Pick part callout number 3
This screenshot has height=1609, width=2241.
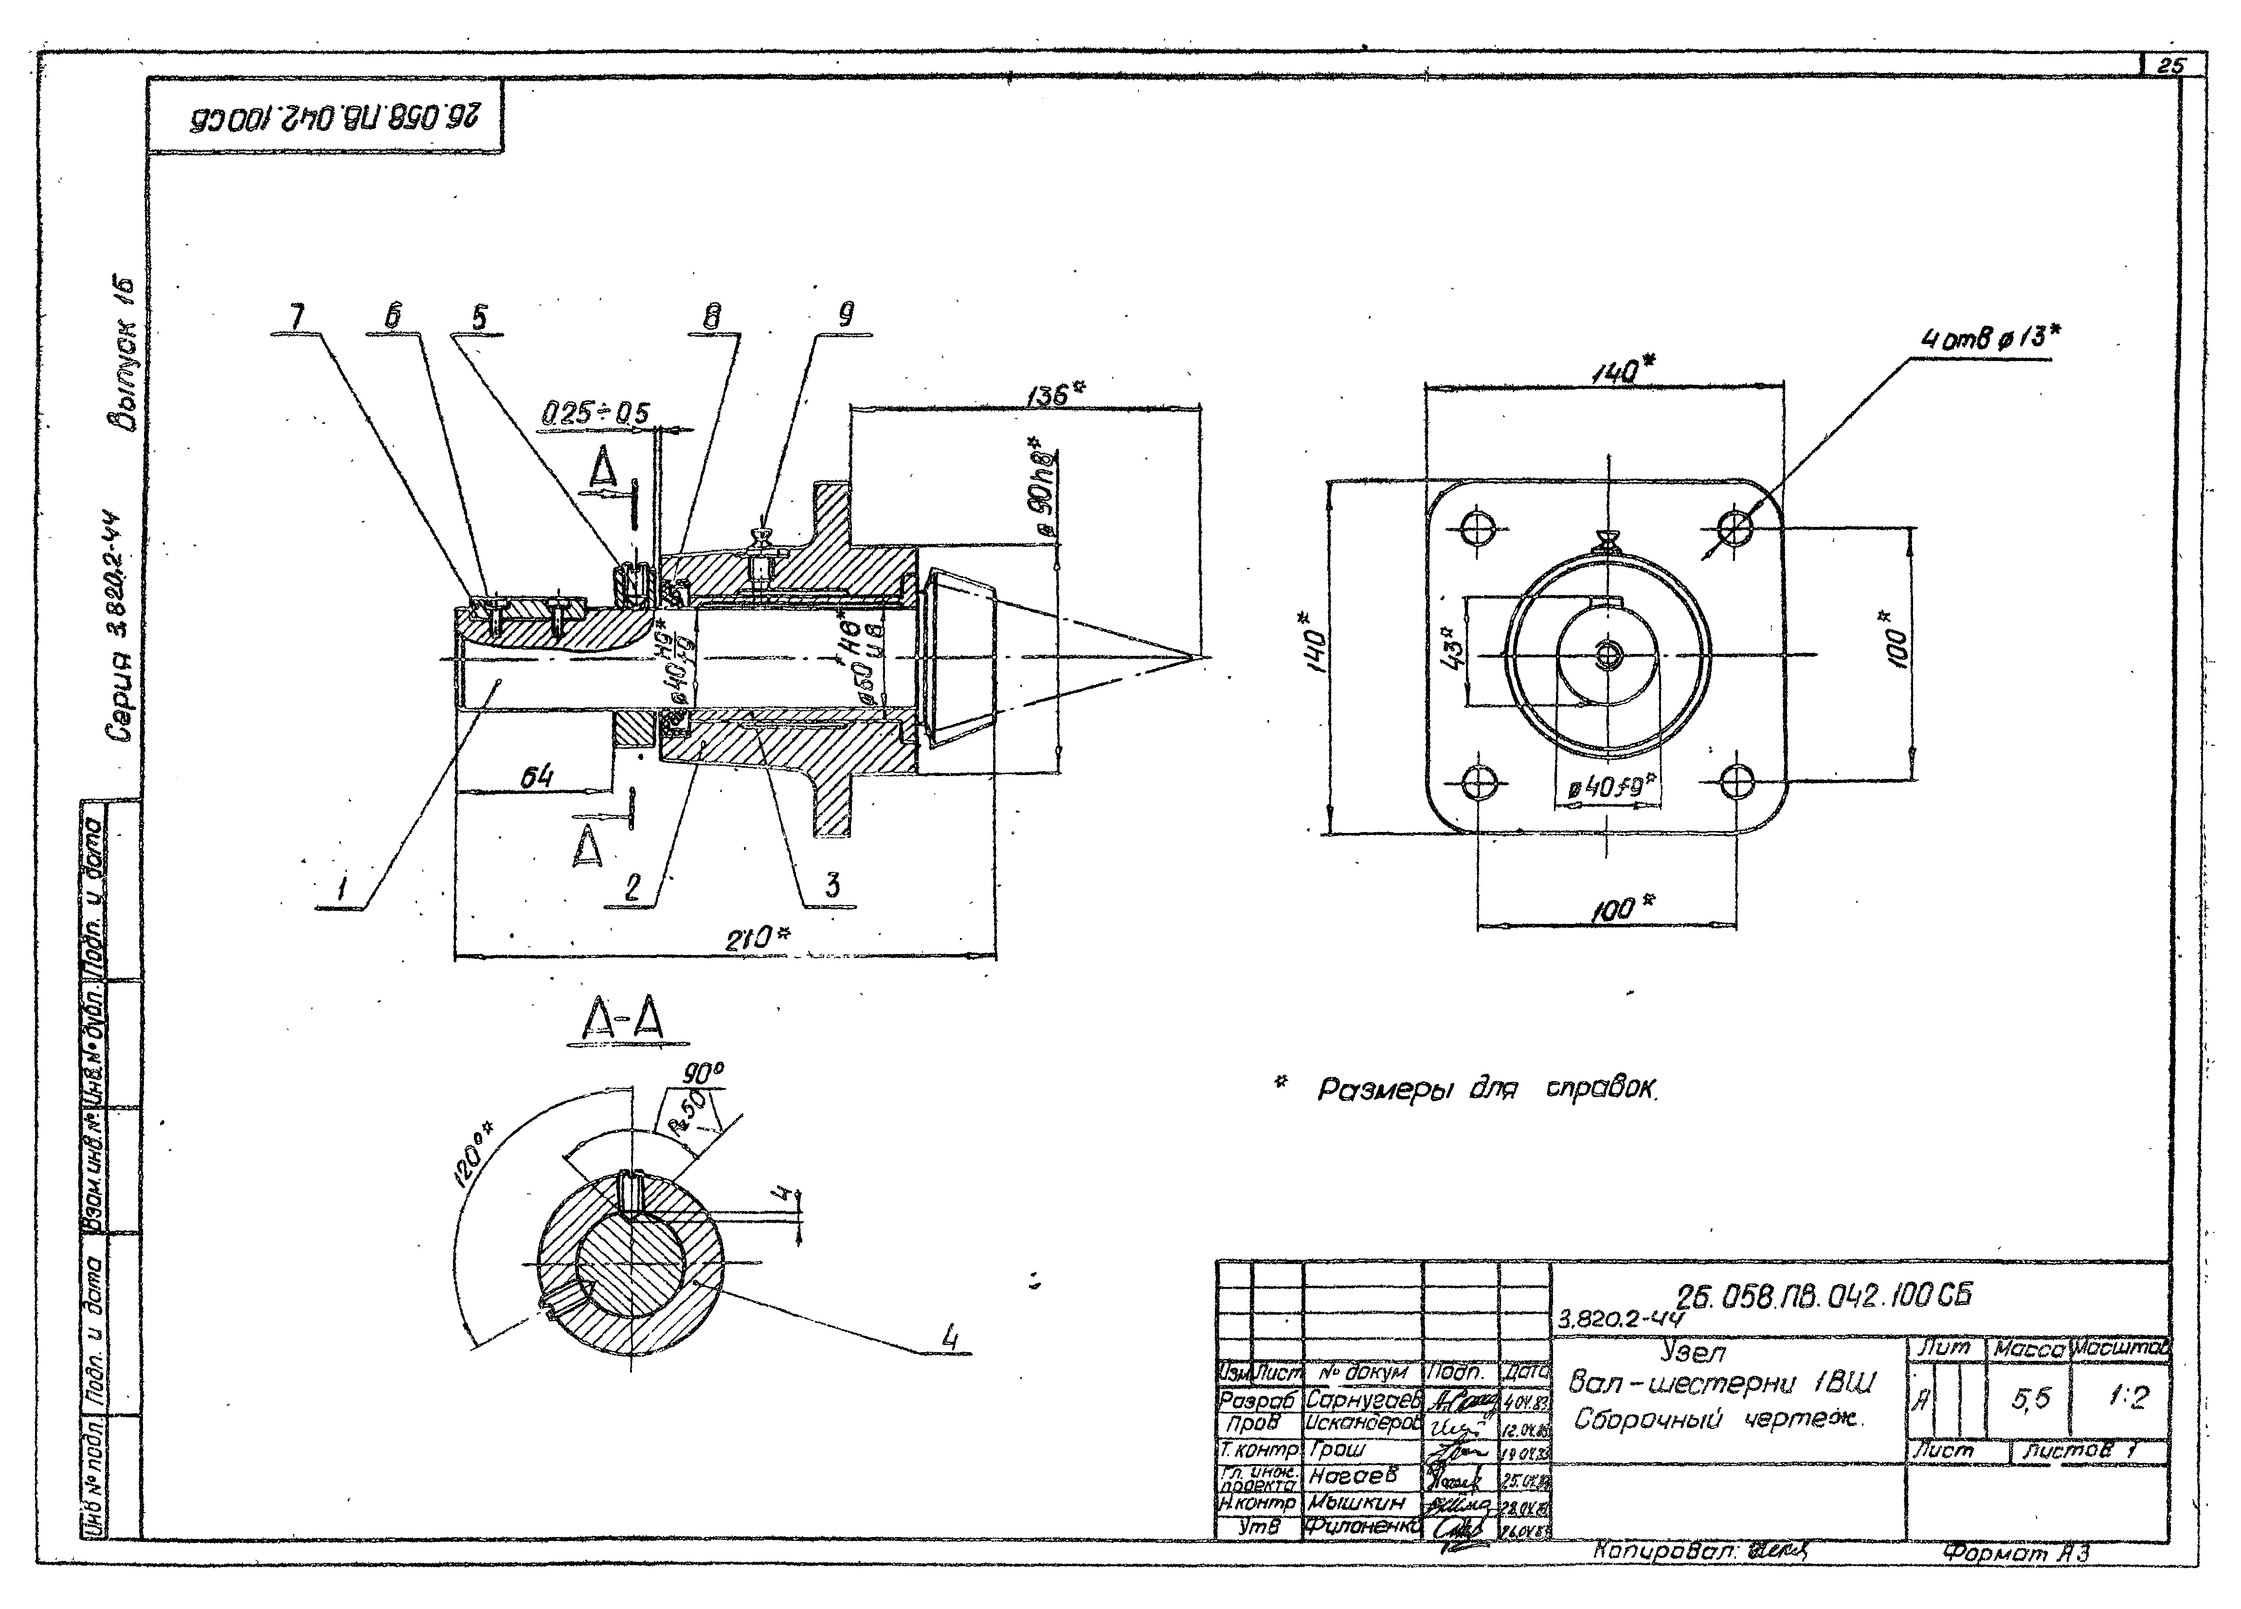click(x=832, y=885)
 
